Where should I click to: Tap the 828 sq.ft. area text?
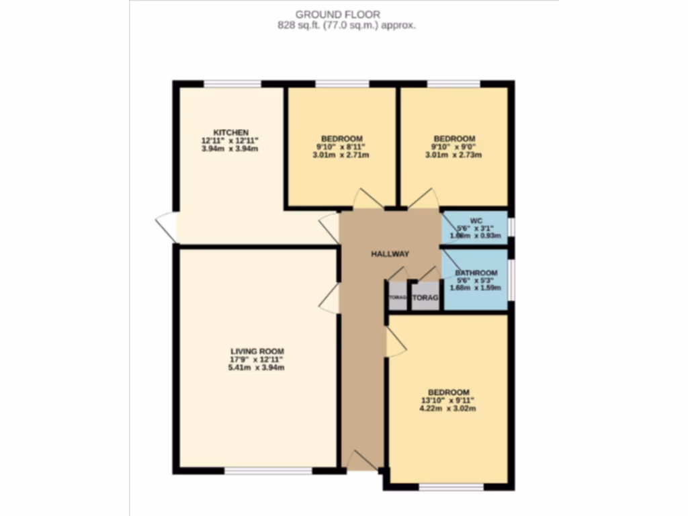pos(347,26)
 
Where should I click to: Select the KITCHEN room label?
pos(230,132)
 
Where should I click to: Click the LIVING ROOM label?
pos(257,351)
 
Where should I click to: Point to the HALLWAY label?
pos(390,253)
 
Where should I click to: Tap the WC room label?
pos(476,220)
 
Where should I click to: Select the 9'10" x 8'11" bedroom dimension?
pos(342,146)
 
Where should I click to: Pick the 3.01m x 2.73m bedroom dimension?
pos(454,155)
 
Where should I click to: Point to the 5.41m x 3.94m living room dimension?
pos(257,368)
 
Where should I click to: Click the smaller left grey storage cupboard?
pos(398,297)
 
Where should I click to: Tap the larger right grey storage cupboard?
pos(425,297)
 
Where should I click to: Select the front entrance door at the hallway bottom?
pos(362,462)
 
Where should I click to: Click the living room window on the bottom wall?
pos(268,471)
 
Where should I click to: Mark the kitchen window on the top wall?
pos(232,84)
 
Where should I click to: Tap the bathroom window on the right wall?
pos(511,277)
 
